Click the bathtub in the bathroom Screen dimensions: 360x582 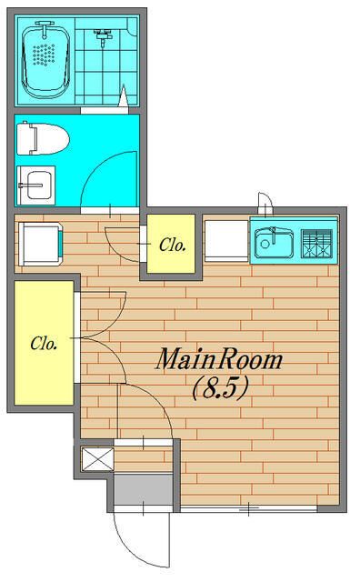pyautogui.click(x=46, y=60)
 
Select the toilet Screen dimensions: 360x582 pyautogui.click(x=43, y=138)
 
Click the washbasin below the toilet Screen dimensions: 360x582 pyautogui.click(x=36, y=186)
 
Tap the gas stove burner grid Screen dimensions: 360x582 pyautogui.click(x=316, y=244)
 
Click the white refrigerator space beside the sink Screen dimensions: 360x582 pyautogui.click(x=226, y=241)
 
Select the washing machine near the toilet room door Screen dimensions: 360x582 pyautogui.click(x=40, y=244)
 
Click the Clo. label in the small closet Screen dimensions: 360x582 pyautogui.click(x=172, y=245)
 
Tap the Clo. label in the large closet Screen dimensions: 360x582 pyautogui.click(x=44, y=344)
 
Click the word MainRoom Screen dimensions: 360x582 pyautogui.click(x=219, y=360)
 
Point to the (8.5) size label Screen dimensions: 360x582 pyautogui.click(x=220, y=388)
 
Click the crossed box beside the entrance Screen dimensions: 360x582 pyautogui.click(x=97, y=459)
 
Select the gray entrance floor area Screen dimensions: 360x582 pyautogui.click(x=144, y=489)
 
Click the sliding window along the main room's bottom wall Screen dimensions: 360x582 pyautogui.click(x=249, y=509)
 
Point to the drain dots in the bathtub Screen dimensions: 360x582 pyautogui.click(x=44, y=55)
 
